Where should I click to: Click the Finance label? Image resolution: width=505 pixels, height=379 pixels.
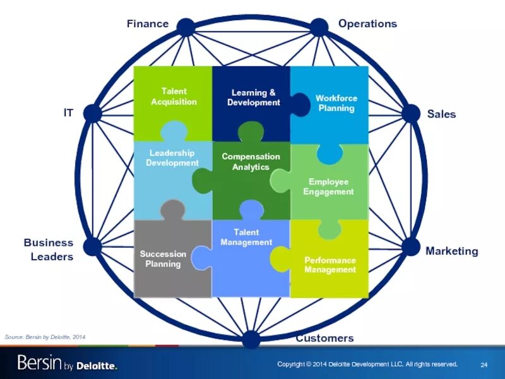(x=148, y=24)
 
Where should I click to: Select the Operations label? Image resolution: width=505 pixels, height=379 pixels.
(x=367, y=23)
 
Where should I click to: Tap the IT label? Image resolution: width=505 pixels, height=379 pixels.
(x=68, y=113)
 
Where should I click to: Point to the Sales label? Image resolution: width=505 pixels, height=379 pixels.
(x=441, y=114)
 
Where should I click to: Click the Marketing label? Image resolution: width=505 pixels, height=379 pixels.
(x=451, y=251)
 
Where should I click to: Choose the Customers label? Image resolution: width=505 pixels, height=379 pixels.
(x=324, y=338)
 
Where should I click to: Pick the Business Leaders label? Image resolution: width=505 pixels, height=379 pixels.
(x=49, y=250)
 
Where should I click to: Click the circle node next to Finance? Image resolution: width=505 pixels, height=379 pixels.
(x=185, y=27)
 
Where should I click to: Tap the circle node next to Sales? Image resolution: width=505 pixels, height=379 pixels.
(x=410, y=114)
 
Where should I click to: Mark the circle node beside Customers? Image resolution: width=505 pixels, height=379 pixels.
(x=251, y=339)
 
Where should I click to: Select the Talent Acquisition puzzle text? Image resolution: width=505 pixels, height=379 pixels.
(x=174, y=97)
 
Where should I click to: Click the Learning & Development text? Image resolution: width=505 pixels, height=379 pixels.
(x=253, y=97)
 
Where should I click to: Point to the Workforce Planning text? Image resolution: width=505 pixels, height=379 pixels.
(x=336, y=103)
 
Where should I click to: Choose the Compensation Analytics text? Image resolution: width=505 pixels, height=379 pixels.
(x=251, y=162)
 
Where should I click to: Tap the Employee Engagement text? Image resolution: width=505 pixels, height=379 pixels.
(x=328, y=186)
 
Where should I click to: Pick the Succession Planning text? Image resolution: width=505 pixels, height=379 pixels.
(x=163, y=259)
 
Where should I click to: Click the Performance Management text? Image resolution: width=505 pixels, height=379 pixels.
(x=330, y=265)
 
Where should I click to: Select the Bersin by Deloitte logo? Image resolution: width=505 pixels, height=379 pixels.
(x=67, y=363)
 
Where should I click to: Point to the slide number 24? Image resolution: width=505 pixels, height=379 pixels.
(x=484, y=364)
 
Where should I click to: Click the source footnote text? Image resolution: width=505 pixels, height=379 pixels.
(x=44, y=338)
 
